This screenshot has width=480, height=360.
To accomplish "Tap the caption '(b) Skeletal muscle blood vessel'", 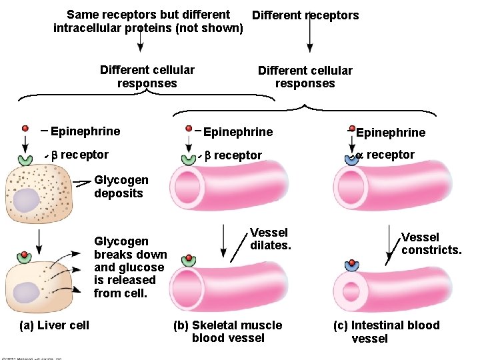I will (227, 331).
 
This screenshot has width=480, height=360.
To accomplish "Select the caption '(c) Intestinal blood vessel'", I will (386, 331).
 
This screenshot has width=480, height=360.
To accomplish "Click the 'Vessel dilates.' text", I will (270, 239).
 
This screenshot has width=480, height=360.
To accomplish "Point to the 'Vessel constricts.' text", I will (431, 243).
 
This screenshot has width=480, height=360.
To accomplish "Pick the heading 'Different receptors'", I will (305, 15).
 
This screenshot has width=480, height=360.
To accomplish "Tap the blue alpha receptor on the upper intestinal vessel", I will (352, 159).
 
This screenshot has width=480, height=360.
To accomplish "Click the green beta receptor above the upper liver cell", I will (25, 159).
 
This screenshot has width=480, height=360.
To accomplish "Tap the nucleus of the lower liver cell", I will (27, 292).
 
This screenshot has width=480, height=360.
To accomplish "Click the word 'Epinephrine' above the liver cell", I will (85, 131).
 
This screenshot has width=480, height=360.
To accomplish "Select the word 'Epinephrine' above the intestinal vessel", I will (390, 133).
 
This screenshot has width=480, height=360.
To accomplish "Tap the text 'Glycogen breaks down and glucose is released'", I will (130, 267).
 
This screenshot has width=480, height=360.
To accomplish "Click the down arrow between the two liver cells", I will (39, 242).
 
